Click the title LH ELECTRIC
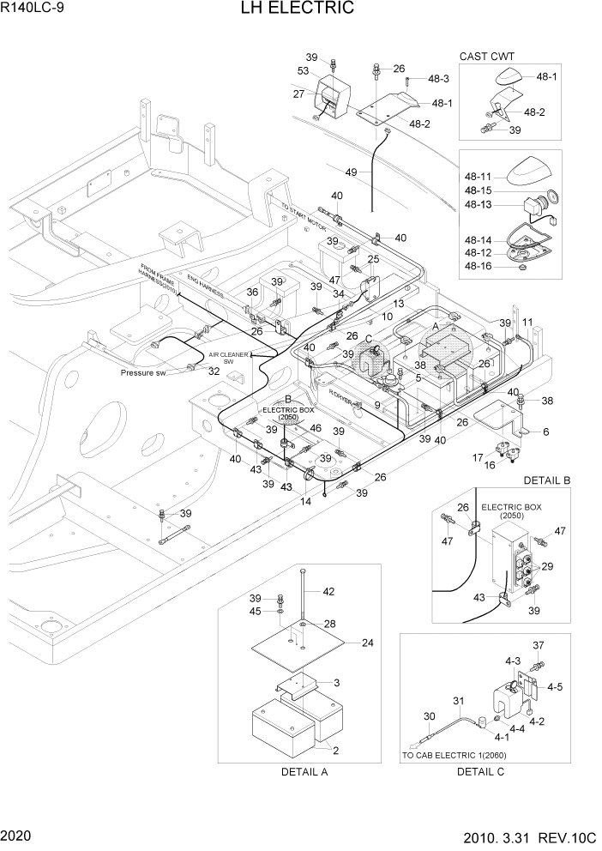[x=301, y=9]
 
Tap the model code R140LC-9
[x=31, y=9]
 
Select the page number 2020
[x=15, y=836]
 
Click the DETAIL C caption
[x=480, y=771]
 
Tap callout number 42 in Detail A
[x=328, y=591]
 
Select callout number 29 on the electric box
[x=547, y=567]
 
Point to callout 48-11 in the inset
[x=479, y=176]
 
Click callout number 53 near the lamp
[x=304, y=70]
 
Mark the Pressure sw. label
[x=147, y=374]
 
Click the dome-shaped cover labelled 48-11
[x=531, y=175]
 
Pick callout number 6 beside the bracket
[x=545, y=432]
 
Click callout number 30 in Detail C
[x=430, y=717]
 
